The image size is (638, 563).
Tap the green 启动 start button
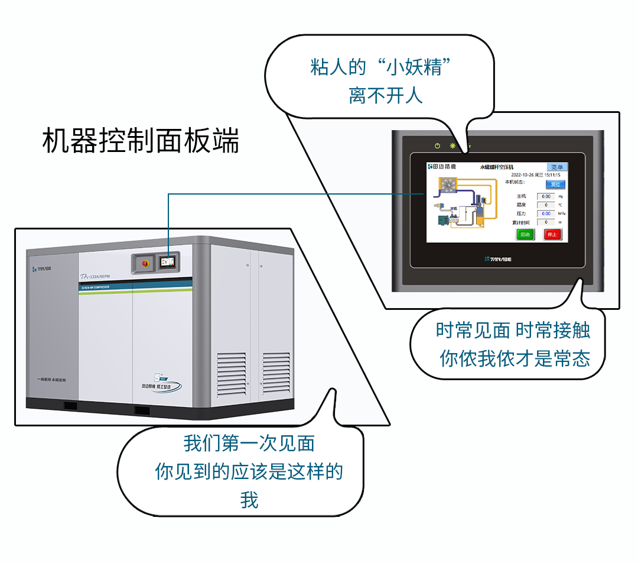click(x=525, y=234)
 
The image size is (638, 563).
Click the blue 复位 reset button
click(x=555, y=185)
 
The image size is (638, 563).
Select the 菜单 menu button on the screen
click(x=556, y=167)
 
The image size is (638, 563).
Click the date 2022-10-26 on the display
click(x=523, y=175)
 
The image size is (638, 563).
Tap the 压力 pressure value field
click(x=546, y=213)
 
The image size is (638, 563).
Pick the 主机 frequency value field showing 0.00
click(x=546, y=196)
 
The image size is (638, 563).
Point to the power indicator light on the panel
click(x=437, y=145)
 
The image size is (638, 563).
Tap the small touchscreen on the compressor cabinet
click(x=168, y=260)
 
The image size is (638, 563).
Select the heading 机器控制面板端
click(x=141, y=141)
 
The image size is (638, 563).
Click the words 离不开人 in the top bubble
click(x=385, y=95)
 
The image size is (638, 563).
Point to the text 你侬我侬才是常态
click(x=515, y=358)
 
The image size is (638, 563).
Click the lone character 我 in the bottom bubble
click(x=249, y=500)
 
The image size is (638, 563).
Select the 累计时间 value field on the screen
click(x=546, y=222)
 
